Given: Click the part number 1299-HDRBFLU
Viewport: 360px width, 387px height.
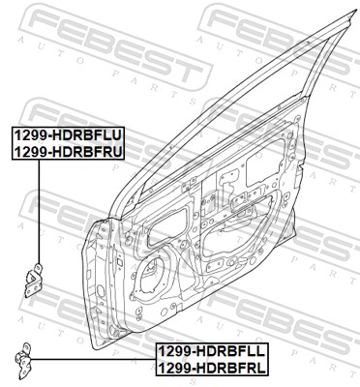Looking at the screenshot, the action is [68, 135].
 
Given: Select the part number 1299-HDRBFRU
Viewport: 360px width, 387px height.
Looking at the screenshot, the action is [68, 151].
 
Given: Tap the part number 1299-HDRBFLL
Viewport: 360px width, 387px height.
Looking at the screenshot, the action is [212, 351].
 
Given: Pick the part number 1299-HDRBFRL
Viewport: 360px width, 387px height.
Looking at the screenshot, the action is [212, 367].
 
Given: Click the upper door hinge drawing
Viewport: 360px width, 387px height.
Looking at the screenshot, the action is [34, 281].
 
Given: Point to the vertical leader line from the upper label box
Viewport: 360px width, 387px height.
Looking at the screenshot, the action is [39, 212].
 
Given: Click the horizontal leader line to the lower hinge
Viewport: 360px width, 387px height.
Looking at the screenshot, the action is [94, 359].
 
